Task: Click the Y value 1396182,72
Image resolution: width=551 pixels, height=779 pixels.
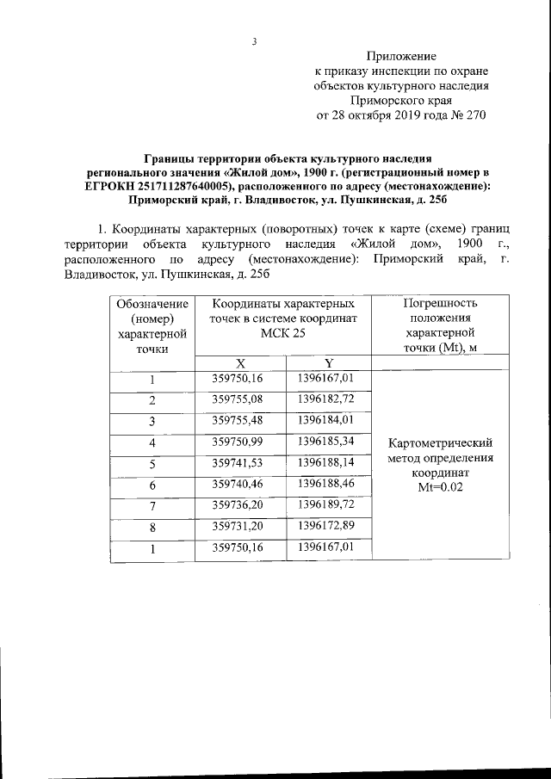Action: (326, 399)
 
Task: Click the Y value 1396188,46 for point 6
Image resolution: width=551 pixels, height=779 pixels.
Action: (326, 485)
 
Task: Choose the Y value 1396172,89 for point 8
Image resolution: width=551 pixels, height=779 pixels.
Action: (326, 526)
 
